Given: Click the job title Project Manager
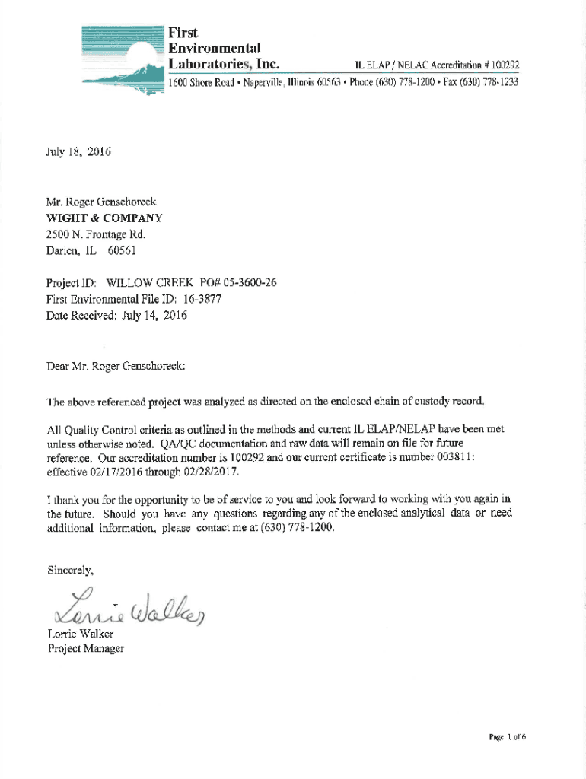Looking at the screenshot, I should click(x=85, y=649).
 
